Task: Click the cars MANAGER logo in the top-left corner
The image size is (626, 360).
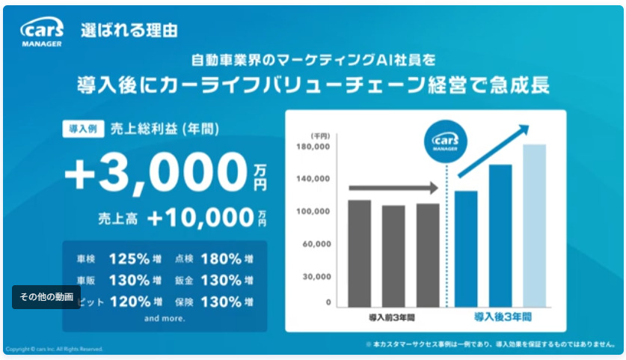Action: point(42,32)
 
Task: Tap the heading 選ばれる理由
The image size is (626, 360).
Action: point(129,31)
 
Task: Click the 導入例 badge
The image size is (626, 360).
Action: point(82,129)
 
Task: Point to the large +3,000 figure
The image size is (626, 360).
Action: point(156,173)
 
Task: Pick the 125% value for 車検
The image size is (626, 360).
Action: point(130,259)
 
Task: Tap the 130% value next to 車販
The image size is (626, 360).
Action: point(130,281)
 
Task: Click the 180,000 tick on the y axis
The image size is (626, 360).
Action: point(315,147)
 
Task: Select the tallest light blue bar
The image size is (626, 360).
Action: point(534,225)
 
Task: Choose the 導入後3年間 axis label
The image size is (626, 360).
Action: point(503,317)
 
